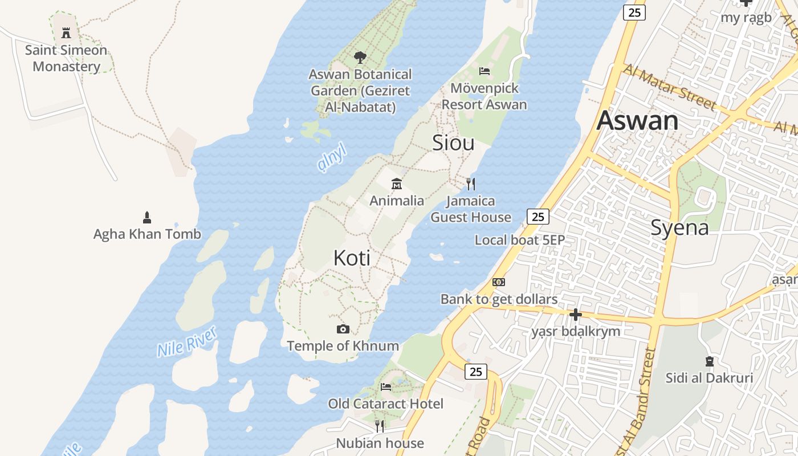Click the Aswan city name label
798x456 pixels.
[x=637, y=121]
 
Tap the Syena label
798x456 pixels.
[x=679, y=228]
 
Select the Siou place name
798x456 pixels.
[x=453, y=142]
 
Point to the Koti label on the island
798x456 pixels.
[x=352, y=258]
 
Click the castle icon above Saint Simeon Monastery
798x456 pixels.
[x=66, y=32]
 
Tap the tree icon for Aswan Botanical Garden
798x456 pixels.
[x=360, y=57]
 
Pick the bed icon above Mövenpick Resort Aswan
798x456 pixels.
[x=484, y=71]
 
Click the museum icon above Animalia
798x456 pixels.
[x=397, y=184]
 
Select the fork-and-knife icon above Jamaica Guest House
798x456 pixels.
[x=471, y=184]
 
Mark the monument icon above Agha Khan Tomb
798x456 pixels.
[x=147, y=217]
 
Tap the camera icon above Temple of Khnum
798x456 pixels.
[x=343, y=329]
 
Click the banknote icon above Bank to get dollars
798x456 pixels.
[x=499, y=282]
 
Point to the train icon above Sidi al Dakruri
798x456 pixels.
[x=710, y=361]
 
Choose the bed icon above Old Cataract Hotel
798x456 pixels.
[x=386, y=387]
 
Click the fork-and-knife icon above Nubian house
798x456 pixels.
[x=380, y=426]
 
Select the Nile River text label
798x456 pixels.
[x=187, y=341]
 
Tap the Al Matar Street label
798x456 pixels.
[x=669, y=87]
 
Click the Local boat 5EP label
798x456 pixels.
[x=519, y=240]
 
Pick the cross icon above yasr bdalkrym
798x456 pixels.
[x=576, y=314]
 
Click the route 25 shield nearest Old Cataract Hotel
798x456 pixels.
[x=476, y=372]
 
